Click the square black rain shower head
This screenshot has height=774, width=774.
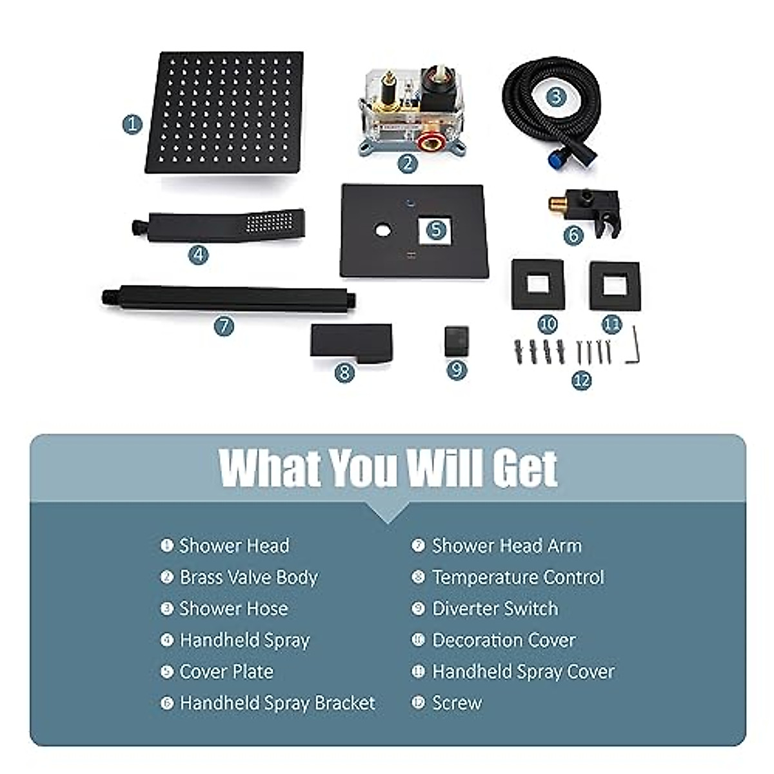click(x=224, y=113)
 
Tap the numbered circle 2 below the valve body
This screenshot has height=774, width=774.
click(x=407, y=163)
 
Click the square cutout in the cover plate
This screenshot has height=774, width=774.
click(x=435, y=230)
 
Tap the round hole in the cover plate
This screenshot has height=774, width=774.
click(x=383, y=230)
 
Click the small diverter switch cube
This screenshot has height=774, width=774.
click(x=456, y=339)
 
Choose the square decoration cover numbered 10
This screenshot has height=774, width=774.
click(x=537, y=285)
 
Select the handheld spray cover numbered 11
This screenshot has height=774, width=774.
click(x=613, y=285)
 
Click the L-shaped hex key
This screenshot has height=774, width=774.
click(x=635, y=345)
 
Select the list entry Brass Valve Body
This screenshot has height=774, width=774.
click(x=248, y=577)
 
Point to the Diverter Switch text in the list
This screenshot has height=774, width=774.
click(x=495, y=608)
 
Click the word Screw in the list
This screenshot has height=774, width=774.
click(x=457, y=702)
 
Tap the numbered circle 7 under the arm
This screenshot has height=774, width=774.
click(x=224, y=326)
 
